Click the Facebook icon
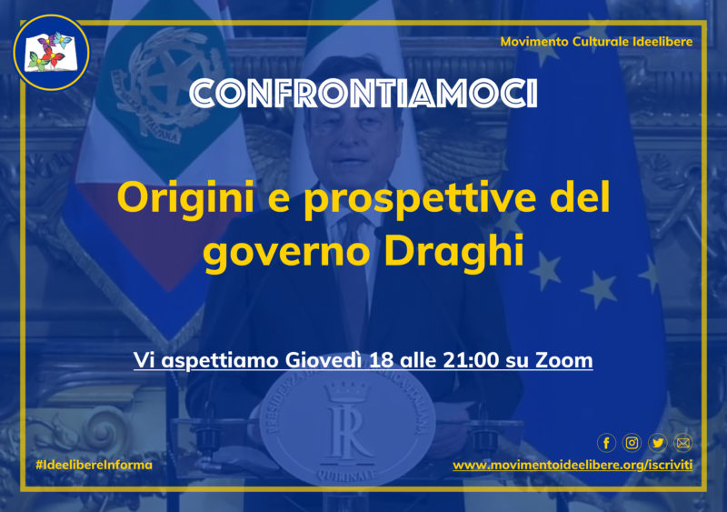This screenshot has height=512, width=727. click(606, 443)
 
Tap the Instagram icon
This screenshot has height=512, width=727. click(632, 443)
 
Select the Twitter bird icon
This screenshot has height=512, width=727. click(657, 443)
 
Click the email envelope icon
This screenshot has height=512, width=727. click(683, 443)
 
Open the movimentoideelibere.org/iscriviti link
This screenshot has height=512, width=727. click(573, 465)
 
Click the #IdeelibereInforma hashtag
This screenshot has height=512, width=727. click(95, 465)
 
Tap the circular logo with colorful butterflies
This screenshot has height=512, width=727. click(52, 53)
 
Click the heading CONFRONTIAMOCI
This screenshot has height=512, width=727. click(363, 94)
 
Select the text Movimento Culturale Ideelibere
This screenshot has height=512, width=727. click(596, 42)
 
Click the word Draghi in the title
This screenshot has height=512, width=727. click(453, 251)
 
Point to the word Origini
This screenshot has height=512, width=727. click(186, 198)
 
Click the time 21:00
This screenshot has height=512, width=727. click(471, 361)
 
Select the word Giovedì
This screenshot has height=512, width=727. click(324, 361)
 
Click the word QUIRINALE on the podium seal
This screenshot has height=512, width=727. click(346, 475)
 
